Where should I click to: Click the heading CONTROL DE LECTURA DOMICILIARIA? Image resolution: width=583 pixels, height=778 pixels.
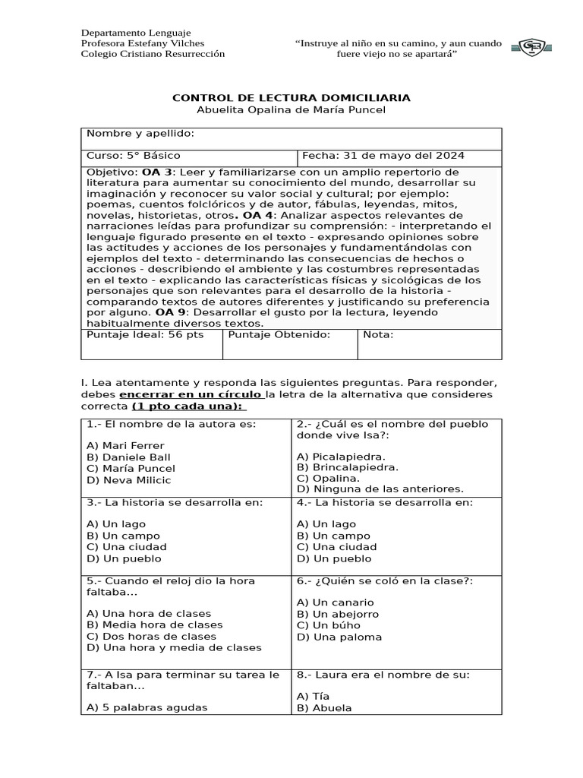291,98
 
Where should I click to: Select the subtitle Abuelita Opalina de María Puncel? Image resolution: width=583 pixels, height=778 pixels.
291,111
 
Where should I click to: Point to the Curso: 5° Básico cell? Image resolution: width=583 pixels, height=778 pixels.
134,156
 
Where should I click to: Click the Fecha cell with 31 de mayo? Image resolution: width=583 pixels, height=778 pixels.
383,156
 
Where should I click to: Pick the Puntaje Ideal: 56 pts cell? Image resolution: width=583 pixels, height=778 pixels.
145,335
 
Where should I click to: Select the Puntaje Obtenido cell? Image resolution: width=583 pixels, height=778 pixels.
279,335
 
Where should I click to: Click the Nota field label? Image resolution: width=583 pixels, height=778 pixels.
378,335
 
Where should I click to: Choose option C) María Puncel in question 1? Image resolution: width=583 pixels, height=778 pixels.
131,469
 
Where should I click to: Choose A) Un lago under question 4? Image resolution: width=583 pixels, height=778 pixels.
326,524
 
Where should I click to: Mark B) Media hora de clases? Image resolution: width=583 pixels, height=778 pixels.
155,625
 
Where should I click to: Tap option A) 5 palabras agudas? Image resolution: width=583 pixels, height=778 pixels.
147,707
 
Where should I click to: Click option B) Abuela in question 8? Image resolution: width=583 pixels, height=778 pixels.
324,707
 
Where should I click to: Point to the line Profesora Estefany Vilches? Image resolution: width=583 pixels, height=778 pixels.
143,44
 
